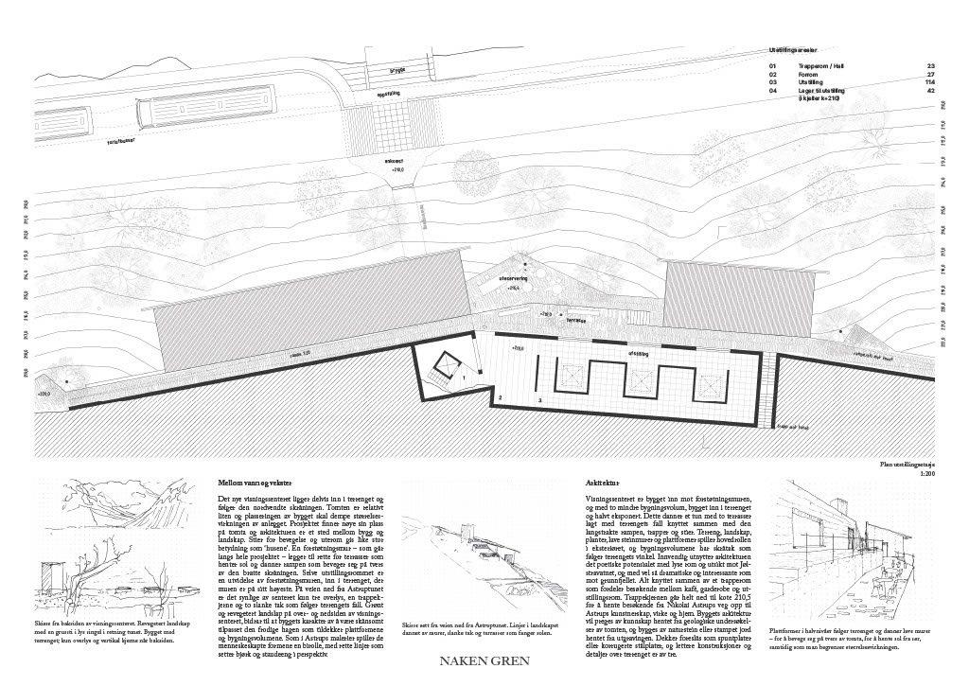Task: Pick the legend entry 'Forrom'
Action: (x=810, y=74)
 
